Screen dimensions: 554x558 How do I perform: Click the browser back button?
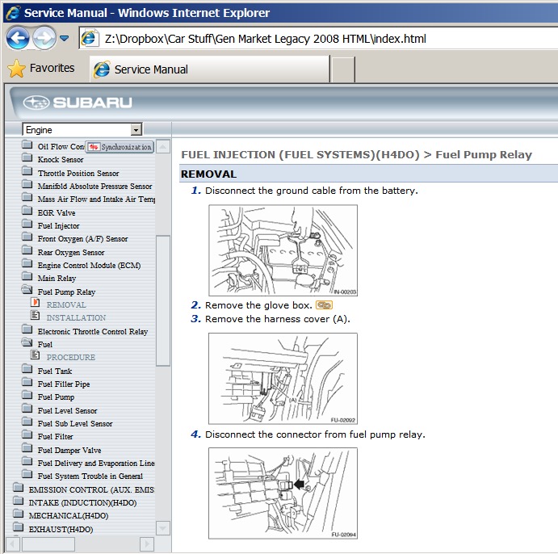point(18,38)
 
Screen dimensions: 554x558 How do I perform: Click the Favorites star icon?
point(17,69)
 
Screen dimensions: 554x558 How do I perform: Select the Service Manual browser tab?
point(150,69)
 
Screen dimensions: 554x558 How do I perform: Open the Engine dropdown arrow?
point(136,130)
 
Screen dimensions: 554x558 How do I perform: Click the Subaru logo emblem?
point(36,103)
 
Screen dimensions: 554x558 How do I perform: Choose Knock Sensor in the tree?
point(60,160)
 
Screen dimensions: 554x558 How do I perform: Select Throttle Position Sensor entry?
point(78,173)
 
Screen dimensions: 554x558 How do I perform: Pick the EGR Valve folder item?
point(56,212)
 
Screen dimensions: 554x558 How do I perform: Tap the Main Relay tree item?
point(57,279)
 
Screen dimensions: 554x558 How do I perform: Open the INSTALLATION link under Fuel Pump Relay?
point(76,318)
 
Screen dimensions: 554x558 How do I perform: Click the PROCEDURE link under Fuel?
point(70,357)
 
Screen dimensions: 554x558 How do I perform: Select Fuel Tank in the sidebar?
point(54,371)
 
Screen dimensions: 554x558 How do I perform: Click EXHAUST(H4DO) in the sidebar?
point(61,529)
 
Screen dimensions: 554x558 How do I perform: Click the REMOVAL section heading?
point(208,174)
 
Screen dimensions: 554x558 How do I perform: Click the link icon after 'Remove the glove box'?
point(324,305)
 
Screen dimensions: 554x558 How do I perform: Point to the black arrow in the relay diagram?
point(300,485)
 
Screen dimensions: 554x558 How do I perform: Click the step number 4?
point(195,434)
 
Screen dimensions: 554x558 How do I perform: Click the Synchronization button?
point(120,147)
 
